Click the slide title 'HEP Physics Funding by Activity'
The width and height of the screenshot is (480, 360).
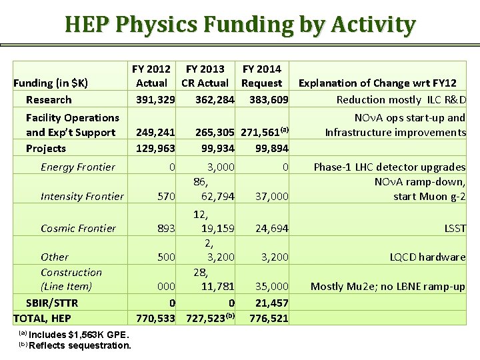[x=240, y=25]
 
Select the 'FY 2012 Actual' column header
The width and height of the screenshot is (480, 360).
[x=151, y=76]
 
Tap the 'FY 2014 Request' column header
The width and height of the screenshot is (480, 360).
[x=261, y=76]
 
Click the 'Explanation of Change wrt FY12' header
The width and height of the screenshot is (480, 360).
[x=377, y=83]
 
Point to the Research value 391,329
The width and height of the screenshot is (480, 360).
[x=155, y=100]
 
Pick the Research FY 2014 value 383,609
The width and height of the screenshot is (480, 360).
[x=269, y=100]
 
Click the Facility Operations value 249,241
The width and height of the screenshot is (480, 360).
[x=155, y=133]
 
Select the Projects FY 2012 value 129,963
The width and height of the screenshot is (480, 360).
[x=155, y=149]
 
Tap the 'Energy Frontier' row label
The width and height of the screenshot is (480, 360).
[x=77, y=167]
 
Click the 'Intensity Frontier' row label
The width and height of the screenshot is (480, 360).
[x=82, y=197]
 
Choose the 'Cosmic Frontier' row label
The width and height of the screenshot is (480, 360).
[x=78, y=229]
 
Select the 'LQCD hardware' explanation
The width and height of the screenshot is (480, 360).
[x=428, y=257]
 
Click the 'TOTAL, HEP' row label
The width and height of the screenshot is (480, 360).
[x=42, y=319]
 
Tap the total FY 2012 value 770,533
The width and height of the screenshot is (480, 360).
[x=155, y=319]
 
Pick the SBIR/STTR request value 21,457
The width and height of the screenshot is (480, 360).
[x=272, y=303]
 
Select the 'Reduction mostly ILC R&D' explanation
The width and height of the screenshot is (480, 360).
[x=401, y=100]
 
